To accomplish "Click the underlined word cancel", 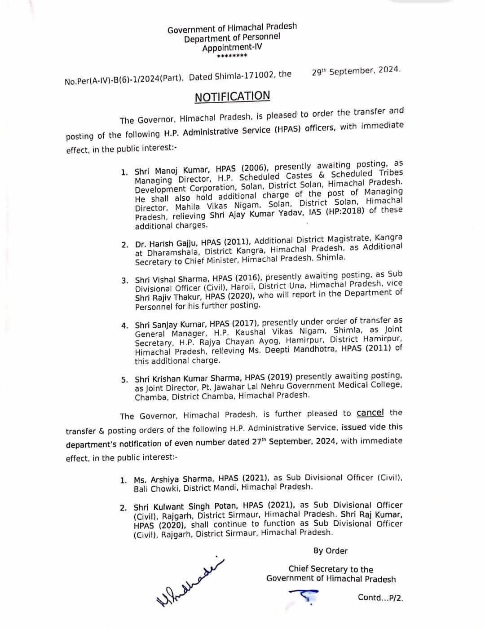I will coord(370,413).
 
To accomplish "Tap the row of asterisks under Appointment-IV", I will coord(232,56).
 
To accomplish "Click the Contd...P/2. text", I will coord(380,597).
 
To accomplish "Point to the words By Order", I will coord(331,551).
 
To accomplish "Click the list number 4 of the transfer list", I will coord(124,325).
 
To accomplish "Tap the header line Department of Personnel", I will coord(232,38).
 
